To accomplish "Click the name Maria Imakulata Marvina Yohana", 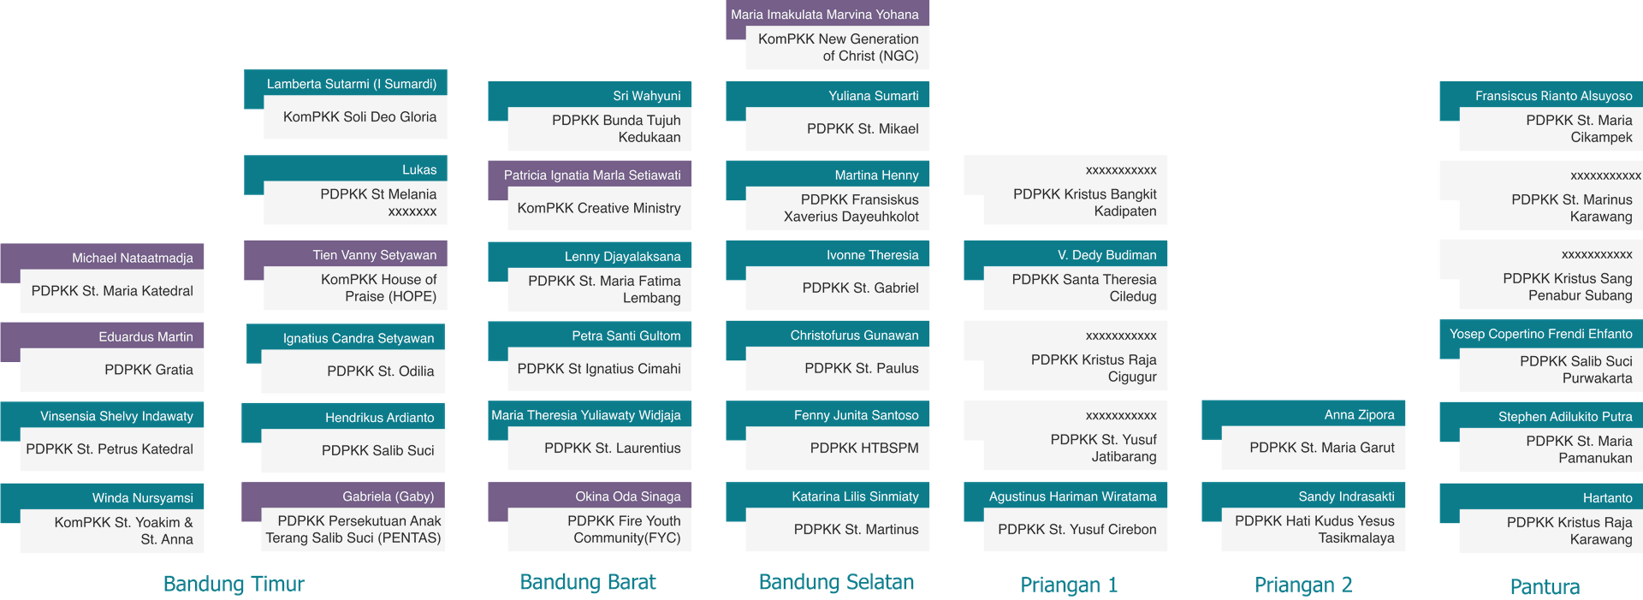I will (825, 15).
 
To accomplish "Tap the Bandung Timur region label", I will (234, 584).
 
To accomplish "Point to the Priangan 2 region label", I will (1303, 585).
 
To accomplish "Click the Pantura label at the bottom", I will (1545, 586).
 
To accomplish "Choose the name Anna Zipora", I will (1359, 415).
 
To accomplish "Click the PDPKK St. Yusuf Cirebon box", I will (1076, 530).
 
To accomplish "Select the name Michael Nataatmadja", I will (132, 258).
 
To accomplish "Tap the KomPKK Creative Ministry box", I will (599, 209).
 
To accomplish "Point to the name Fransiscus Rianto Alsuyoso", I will (1553, 96).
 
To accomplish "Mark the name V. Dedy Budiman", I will (1106, 255).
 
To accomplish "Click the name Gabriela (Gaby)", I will (388, 496).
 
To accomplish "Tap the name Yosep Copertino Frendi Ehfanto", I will (1540, 334).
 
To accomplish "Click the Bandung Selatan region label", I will (836, 582).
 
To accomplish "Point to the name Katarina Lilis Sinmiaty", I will (855, 496).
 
